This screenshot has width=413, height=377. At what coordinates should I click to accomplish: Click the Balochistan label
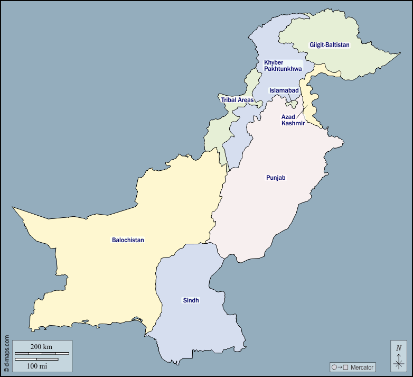(x=128, y=240)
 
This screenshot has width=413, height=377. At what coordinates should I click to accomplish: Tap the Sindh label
(x=191, y=300)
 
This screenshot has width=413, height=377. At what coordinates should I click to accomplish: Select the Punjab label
(x=276, y=178)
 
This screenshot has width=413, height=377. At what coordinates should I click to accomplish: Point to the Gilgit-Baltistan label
(x=330, y=45)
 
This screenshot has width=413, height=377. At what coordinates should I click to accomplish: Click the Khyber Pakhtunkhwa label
(x=283, y=66)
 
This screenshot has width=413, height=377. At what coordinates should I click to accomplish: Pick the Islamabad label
(x=284, y=90)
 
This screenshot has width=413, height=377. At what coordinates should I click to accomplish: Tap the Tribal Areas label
(x=237, y=100)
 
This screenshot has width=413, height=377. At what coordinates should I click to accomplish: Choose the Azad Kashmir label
(x=293, y=120)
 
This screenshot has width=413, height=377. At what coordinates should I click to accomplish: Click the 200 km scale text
(x=41, y=347)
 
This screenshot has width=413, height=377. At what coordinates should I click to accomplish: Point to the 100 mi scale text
(x=37, y=365)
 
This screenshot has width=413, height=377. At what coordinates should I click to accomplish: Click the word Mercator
(x=362, y=367)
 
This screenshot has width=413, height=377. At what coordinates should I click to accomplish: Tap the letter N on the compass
(x=399, y=348)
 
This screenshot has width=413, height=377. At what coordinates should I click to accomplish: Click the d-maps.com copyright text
(x=6, y=353)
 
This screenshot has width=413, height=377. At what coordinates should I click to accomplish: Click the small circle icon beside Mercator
(x=334, y=367)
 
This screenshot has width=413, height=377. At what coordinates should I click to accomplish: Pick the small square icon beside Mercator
(x=346, y=367)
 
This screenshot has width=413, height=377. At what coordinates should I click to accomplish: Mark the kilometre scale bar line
(x=41, y=353)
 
